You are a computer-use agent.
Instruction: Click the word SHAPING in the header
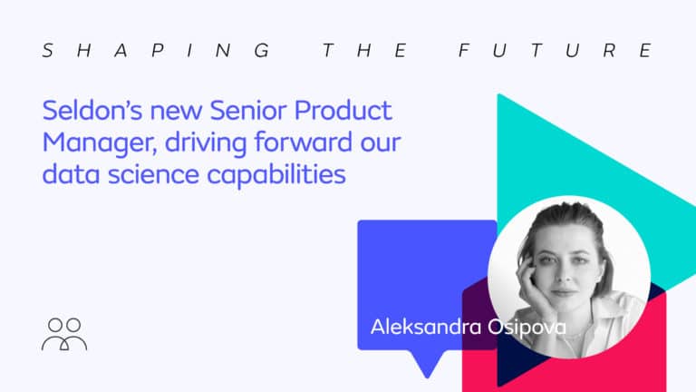click(156, 50)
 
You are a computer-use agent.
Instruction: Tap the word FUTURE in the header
click(555, 50)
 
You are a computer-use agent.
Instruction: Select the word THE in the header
click(364, 50)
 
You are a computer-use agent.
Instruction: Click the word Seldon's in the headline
click(92, 110)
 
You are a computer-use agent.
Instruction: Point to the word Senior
click(248, 110)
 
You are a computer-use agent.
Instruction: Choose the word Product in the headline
click(343, 110)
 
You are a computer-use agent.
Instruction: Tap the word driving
click(206, 143)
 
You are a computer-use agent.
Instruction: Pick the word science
click(153, 174)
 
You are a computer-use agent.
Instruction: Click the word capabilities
click(276, 175)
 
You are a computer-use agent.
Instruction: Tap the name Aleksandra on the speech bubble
click(426, 327)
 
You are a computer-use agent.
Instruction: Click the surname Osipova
click(527, 328)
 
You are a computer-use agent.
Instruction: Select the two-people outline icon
click(64, 334)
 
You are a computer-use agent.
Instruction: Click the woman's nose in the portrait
click(565, 277)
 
